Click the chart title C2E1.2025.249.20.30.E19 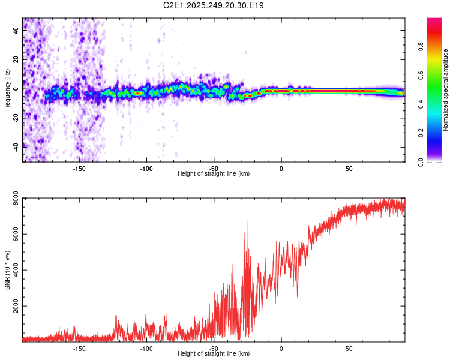[214, 5]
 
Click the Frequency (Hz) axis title [7, 90]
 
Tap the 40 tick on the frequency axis [17, 31]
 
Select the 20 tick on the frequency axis [17, 60]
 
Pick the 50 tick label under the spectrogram [349, 169]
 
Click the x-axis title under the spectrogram [214, 174]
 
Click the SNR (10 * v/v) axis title [7, 269]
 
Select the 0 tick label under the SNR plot [281, 349]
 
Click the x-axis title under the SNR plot [214, 354]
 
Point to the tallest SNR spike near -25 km [247, 220]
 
